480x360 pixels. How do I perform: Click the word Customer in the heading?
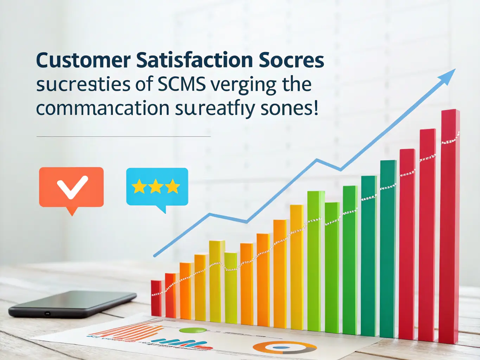click(x=83, y=60)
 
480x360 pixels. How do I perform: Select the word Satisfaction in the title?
click(x=194, y=60)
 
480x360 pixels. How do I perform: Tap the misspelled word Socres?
click(x=291, y=60)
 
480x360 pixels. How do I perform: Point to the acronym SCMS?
click(x=181, y=84)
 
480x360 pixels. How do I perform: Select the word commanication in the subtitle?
click(x=103, y=108)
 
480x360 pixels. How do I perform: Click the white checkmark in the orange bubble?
click(x=72, y=186)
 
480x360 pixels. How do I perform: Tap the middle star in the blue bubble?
click(x=156, y=187)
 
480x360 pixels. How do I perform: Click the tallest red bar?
click(x=450, y=225)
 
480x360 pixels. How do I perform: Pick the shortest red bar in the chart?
click(x=156, y=298)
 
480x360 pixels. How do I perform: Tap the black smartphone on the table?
click(x=72, y=303)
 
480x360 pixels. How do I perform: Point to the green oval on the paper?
click(x=192, y=330)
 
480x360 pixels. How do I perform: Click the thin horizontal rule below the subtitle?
click(x=123, y=136)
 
